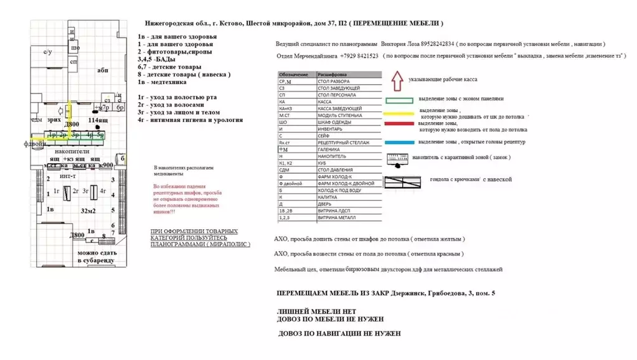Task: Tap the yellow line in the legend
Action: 399,113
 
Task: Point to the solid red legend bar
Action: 399,125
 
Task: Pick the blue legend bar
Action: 399,143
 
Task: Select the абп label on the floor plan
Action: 103,70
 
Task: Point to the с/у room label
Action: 47,53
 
